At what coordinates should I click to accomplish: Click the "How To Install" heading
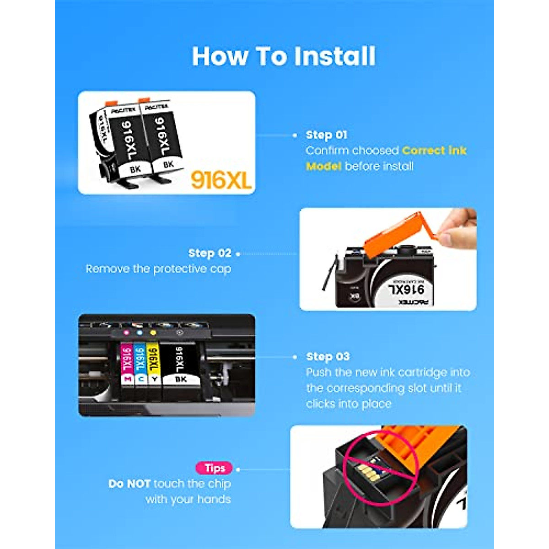click(284, 56)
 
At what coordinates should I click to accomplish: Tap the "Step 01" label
click(326, 135)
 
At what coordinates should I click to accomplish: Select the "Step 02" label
click(210, 253)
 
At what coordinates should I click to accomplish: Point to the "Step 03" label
click(328, 357)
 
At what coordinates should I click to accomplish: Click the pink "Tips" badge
click(214, 468)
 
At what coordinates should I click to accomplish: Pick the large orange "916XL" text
click(221, 180)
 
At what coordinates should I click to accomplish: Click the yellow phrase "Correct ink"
click(434, 151)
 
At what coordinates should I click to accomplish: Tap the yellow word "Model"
click(323, 166)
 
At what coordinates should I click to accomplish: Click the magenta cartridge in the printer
click(127, 364)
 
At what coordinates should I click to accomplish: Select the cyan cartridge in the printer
click(140, 364)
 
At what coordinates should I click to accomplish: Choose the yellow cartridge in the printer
click(154, 364)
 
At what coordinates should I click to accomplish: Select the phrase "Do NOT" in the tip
click(129, 484)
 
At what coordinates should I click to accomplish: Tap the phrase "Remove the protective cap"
click(158, 269)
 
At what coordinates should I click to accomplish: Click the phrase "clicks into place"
click(349, 404)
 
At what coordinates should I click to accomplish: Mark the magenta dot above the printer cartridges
click(126, 333)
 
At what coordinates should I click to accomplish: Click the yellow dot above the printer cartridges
click(153, 333)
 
